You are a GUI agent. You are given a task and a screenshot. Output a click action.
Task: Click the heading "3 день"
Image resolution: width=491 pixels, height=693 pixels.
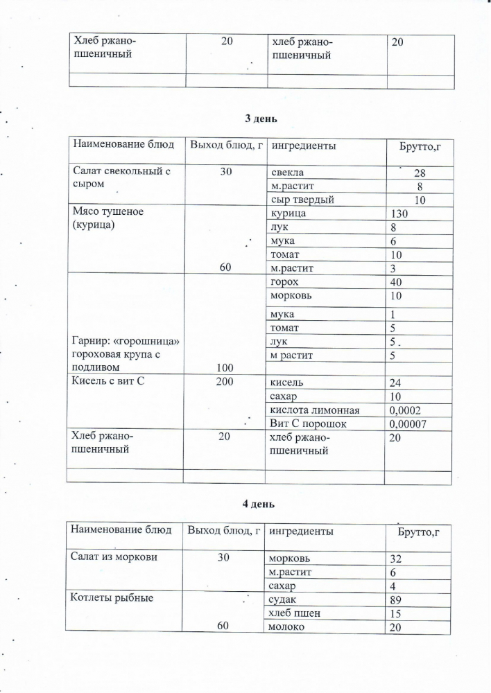coord(261,118)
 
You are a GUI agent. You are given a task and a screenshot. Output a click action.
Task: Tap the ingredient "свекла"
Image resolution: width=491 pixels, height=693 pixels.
coord(287,173)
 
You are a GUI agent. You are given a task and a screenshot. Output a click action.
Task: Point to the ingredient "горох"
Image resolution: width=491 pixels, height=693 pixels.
coord(285,283)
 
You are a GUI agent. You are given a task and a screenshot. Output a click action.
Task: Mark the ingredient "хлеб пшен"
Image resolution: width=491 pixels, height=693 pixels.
coord(294,613)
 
